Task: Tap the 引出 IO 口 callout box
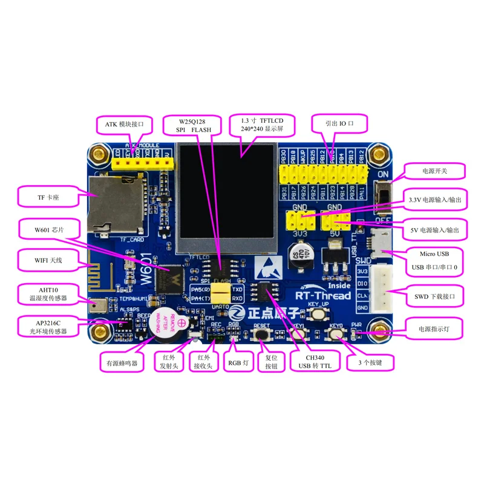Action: (x=339, y=123)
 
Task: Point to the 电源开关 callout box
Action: (x=436, y=172)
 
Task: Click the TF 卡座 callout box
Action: (x=47, y=197)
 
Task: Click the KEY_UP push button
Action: (x=317, y=314)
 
